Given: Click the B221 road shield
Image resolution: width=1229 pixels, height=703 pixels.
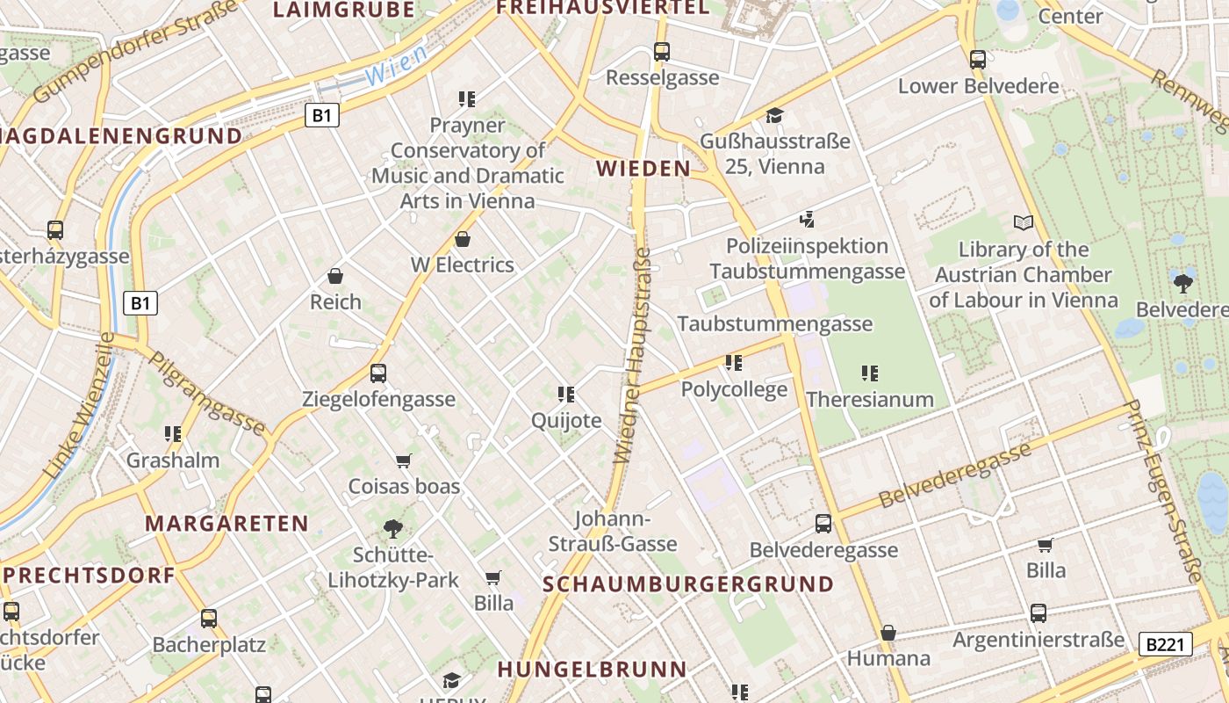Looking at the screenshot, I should (x=1166, y=644).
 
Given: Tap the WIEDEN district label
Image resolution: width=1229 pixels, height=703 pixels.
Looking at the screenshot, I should (x=643, y=169).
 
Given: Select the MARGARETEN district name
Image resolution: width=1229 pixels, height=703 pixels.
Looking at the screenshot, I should (x=226, y=524).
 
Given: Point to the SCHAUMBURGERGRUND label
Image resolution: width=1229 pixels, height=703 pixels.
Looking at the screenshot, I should (x=688, y=584).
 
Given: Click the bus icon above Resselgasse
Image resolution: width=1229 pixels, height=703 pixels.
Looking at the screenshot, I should (x=662, y=52).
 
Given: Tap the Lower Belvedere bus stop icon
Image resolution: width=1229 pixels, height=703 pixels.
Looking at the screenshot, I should (x=978, y=60).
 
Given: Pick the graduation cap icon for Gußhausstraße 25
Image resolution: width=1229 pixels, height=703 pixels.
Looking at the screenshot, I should (x=774, y=115).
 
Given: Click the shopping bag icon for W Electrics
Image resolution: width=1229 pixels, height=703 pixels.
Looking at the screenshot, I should (x=463, y=239).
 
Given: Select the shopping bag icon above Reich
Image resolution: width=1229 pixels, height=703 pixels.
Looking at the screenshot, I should (x=335, y=276).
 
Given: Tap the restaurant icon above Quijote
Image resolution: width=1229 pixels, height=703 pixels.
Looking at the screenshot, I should (x=566, y=395).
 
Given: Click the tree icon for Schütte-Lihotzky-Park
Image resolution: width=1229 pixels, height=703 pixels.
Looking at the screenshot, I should (x=393, y=528).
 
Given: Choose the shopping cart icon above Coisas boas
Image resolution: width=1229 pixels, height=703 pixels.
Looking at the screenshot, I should (x=404, y=460).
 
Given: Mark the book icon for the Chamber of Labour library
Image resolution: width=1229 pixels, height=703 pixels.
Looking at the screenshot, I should (x=1023, y=222).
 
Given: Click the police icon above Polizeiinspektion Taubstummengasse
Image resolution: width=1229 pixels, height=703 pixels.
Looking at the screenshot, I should (x=807, y=219).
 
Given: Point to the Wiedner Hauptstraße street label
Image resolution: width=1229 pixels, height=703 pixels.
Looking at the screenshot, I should (x=633, y=355).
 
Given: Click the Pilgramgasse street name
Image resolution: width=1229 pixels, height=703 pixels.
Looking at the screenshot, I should (x=206, y=393).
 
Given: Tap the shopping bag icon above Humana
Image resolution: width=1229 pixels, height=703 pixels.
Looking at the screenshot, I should (x=888, y=633).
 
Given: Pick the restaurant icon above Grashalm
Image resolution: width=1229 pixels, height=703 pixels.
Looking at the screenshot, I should (x=173, y=434).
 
